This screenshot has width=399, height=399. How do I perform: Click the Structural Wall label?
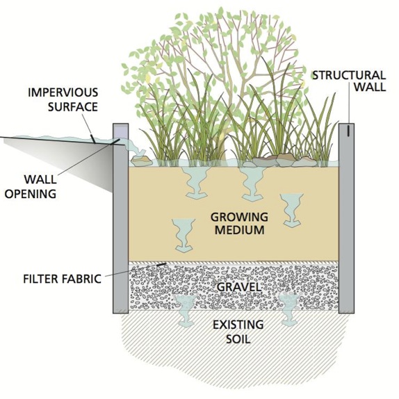(349, 81)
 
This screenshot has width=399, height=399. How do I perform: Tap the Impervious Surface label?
(63, 99)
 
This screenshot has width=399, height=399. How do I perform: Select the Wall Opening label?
(31, 187)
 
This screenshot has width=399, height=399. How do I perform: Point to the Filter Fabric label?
(63, 279)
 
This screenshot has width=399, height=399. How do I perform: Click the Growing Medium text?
(239, 224)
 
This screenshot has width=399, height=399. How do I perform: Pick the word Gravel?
(239, 287)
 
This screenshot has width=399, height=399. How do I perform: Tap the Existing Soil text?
(238, 332)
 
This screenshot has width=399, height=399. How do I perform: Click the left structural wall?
(121, 218)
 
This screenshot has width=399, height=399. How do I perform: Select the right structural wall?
(346, 218)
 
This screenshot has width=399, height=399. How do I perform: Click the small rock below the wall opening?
(142, 161)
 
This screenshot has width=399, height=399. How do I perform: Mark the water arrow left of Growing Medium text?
(184, 236)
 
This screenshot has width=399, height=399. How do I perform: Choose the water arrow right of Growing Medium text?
(292, 210)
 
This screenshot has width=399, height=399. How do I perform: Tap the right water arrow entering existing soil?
(290, 309)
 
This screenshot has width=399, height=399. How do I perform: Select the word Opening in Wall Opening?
(31, 194)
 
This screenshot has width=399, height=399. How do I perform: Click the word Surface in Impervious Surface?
(73, 107)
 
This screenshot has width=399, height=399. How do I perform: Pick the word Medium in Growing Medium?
(239, 230)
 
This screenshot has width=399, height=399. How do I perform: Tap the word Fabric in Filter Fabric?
(82, 279)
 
